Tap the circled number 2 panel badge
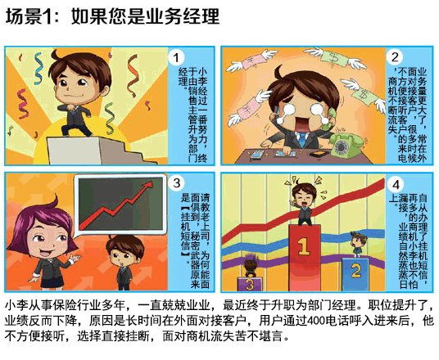pos(395,56)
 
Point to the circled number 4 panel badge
pos(395,184)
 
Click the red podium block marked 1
pos(303,247)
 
